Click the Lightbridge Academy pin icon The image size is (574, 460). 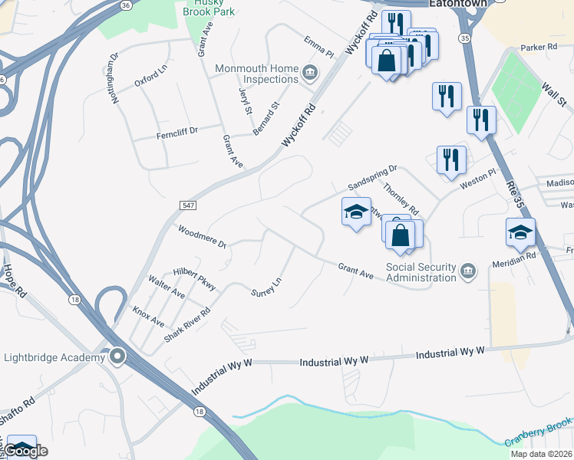coord(117,356)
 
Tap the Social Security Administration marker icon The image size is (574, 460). coord(467,270)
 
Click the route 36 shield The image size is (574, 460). coord(125,5)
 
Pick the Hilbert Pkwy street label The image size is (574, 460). coord(194,279)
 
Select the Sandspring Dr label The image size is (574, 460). coord(372,178)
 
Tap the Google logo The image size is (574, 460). coord(27,451)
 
